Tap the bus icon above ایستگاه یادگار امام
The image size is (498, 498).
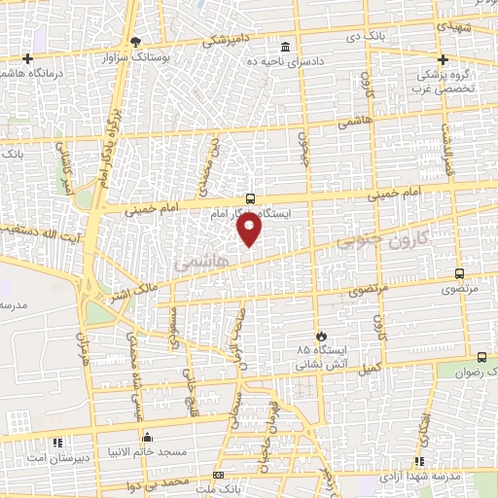[250, 198]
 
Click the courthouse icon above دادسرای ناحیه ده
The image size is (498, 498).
[284, 48]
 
